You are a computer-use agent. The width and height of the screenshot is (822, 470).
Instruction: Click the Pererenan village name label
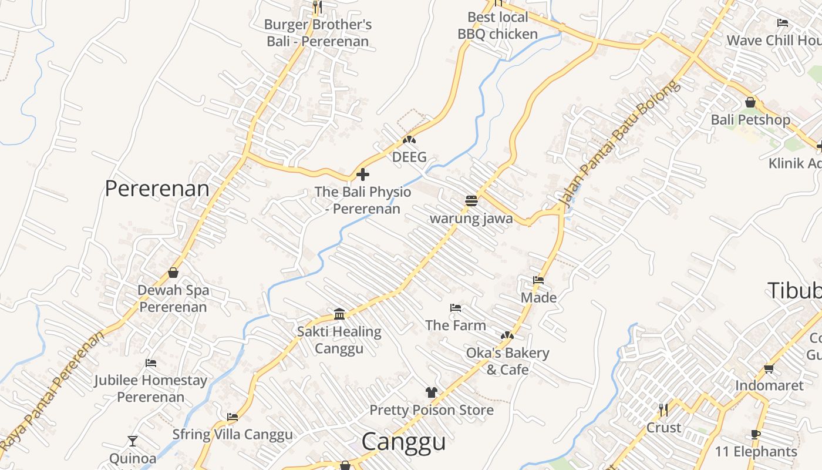[157, 189]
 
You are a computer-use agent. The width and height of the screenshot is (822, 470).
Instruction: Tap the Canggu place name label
[403, 442]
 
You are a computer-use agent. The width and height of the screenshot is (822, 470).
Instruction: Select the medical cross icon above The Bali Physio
[363, 174]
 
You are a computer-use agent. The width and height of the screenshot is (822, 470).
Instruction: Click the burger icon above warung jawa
[471, 201]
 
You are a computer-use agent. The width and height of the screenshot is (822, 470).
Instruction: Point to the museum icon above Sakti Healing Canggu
[339, 314]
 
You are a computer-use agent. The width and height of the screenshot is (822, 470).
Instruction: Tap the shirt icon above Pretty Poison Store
[432, 392]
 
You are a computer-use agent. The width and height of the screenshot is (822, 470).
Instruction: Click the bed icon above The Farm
[455, 308]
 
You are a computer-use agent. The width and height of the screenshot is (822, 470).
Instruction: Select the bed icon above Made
[538, 280]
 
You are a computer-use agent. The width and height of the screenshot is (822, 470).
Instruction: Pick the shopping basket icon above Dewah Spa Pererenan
[173, 273]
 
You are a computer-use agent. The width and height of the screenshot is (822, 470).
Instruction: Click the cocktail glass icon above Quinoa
[133, 441]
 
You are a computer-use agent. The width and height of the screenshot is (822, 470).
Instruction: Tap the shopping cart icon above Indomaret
[769, 368]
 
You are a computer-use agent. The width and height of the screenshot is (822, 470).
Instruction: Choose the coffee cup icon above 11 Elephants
[756, 435]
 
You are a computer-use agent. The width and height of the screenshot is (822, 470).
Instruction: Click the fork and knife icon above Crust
[663, 410]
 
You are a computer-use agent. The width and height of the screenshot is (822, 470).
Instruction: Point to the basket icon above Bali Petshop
[750, 102]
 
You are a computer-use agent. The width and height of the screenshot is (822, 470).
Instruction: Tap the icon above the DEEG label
[409, 140]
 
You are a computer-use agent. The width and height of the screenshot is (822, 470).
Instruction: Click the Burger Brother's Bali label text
[318, 33]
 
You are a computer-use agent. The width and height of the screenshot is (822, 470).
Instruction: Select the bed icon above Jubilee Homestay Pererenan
[151, 363]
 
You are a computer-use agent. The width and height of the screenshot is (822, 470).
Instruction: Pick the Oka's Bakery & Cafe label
[507, 361]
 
